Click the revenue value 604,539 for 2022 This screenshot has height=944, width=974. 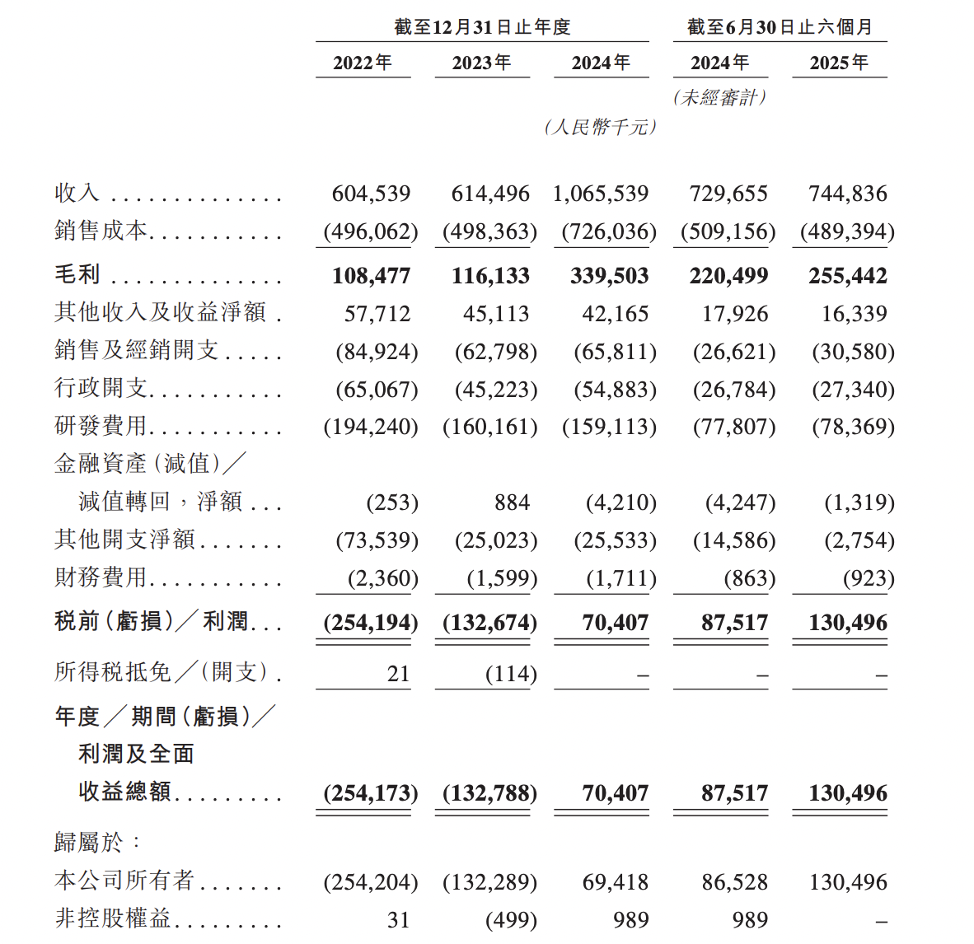pos(371,194)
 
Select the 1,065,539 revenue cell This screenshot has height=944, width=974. pos(601,194)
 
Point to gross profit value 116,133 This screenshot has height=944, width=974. pos(490,276)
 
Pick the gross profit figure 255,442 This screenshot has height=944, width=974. pos(848,276)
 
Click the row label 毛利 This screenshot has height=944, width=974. pos(77,274)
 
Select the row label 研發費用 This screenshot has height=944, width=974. pos(101,426)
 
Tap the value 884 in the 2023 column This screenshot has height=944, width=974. pos(512,502)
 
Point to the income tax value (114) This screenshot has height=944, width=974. pos(511,674)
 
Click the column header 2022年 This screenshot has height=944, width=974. pos(363,63)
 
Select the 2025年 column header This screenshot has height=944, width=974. pos(839,63)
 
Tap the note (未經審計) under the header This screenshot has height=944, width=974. pos(720,97)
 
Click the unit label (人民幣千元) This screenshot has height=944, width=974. pos(601,127)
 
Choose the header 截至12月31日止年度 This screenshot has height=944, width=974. pos(482,27)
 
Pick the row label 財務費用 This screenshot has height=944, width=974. pos(101,577)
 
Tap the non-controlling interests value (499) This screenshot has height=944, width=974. pos(511,920)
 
